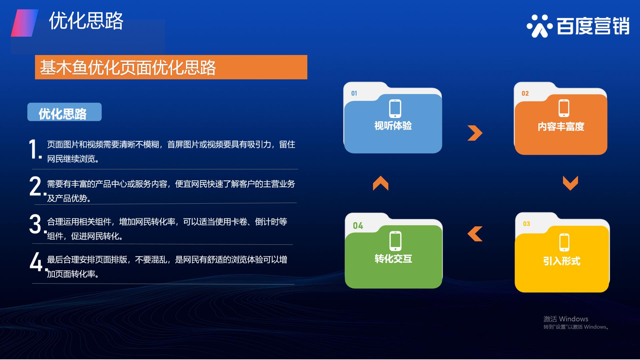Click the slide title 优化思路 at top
(x=86, y=21)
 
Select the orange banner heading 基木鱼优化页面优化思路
(x=128, y=68)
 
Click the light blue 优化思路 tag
(x=64, y=112)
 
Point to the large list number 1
(x=34, y=149)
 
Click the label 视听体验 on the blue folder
(x=393, y=126)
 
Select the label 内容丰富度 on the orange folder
(x=561, y=127)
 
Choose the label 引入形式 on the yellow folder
(x=562, y=261)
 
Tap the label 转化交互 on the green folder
(x=393, y=259)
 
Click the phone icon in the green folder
(x=395, y=241)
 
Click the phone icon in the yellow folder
(x=564, y=242)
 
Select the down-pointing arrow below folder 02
(x=570, y=183)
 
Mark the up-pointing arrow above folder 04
(x=381, y=183)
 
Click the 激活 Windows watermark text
(x=566, y=319)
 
